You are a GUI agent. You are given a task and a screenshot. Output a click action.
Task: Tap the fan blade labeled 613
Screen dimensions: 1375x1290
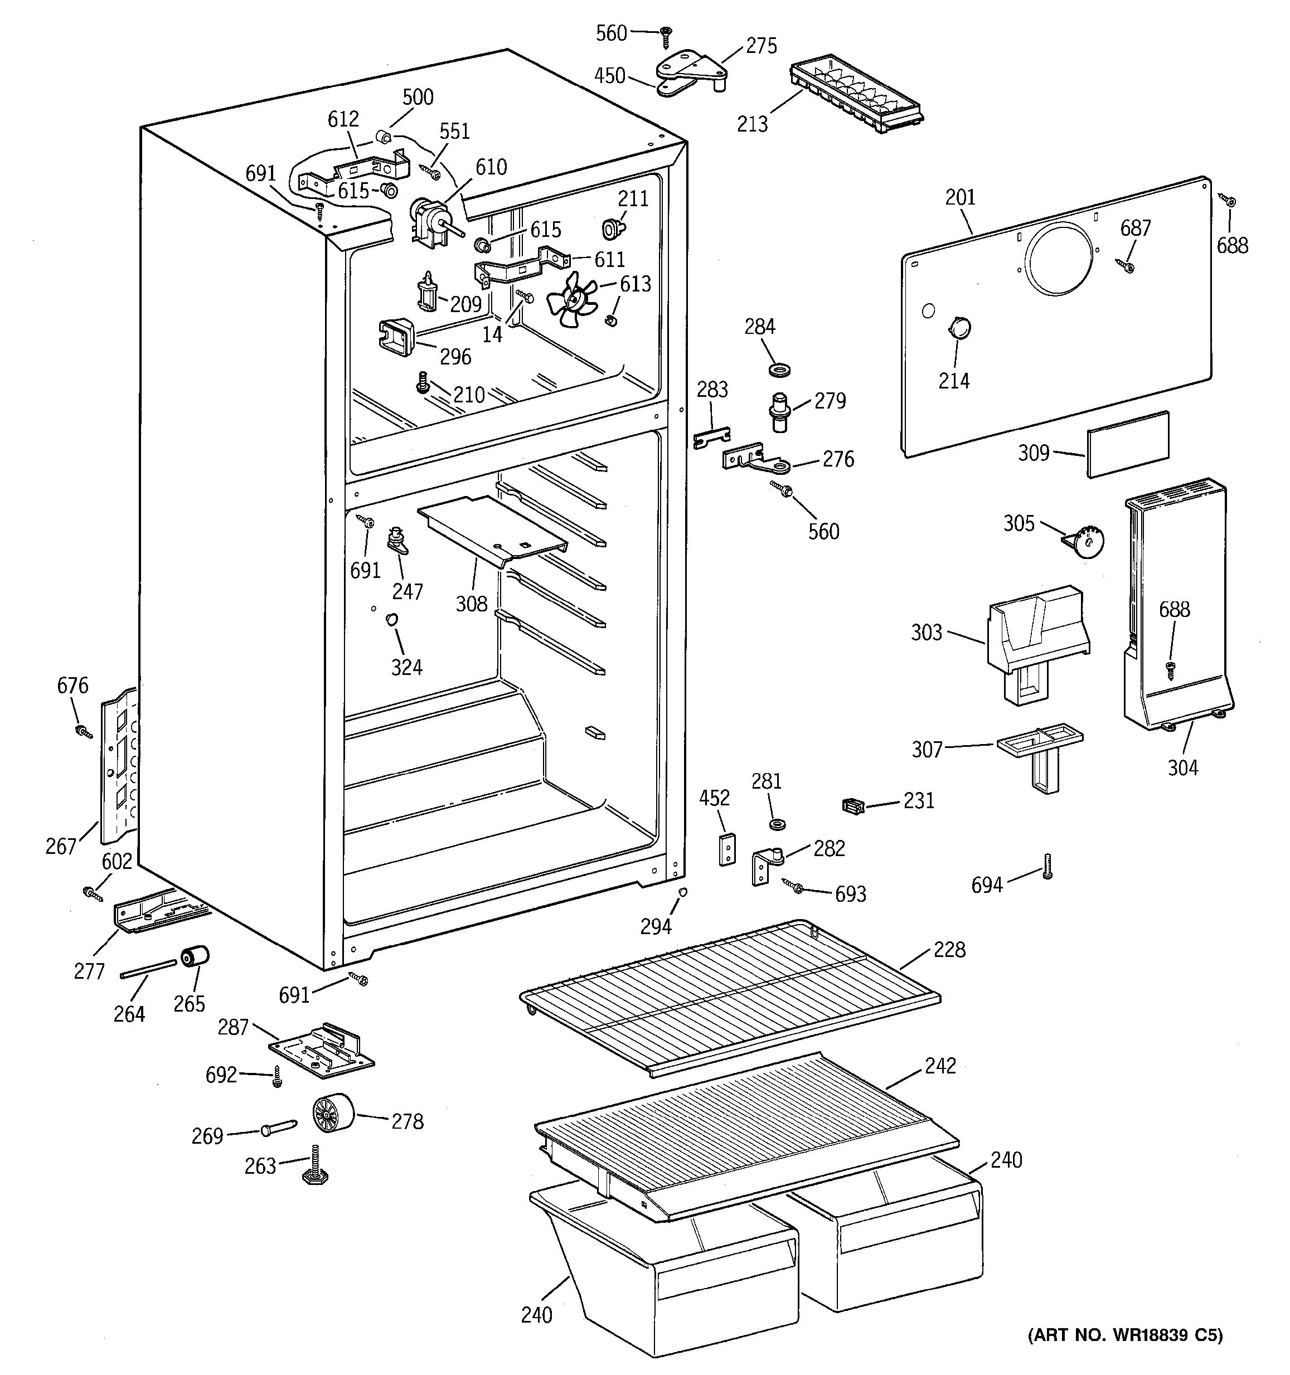click(x=571, y=299)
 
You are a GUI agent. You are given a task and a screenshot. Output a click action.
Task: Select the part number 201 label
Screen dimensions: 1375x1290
click(x=960, y=198)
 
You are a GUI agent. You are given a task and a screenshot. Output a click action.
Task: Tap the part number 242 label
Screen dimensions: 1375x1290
click(x=940, y=1066)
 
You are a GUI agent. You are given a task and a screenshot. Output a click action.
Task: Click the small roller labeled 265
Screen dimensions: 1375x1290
click(x=195, y=958)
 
